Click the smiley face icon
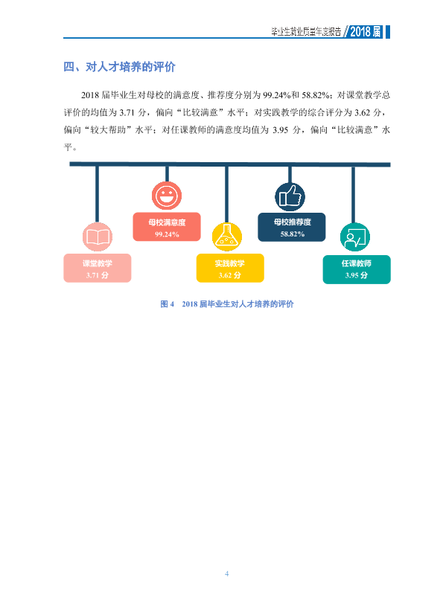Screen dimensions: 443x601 167,196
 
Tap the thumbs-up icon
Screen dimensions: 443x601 290,197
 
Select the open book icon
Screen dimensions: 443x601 98,237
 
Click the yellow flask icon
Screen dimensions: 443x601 227,237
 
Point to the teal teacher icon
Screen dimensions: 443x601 355,237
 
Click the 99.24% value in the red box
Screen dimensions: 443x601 167,234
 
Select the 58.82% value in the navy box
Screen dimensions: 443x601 293,234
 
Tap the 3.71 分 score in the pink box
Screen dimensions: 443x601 98,275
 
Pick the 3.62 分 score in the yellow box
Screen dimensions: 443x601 230,275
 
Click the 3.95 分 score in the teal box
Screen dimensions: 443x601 357,275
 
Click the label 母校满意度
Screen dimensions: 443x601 167,222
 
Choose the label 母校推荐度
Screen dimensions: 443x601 293,222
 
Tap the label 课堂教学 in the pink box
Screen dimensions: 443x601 98,263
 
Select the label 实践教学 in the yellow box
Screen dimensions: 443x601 230,263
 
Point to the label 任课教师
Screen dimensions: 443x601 357,263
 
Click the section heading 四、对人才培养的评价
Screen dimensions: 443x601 119,67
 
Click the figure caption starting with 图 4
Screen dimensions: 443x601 227,304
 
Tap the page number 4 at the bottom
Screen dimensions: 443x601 226,573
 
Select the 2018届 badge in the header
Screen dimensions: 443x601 366,31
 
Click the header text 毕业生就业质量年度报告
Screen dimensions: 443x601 306,32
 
